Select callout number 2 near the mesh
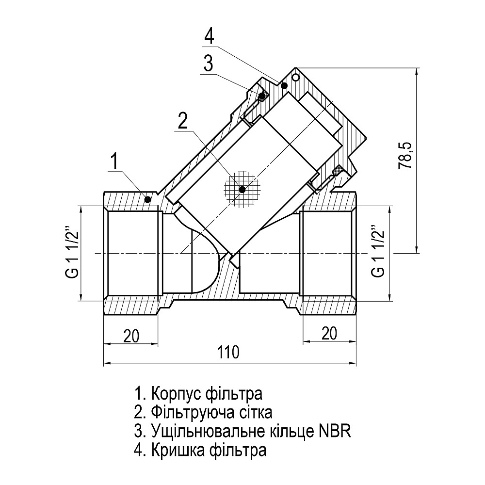pos(182,121)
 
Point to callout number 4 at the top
pos(209,35)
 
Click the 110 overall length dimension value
pos(228,352)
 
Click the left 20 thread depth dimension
pos(130,335)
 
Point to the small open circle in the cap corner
pos(296,77)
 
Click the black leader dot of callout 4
pos(284,85)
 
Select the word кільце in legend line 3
pos(285,431)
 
